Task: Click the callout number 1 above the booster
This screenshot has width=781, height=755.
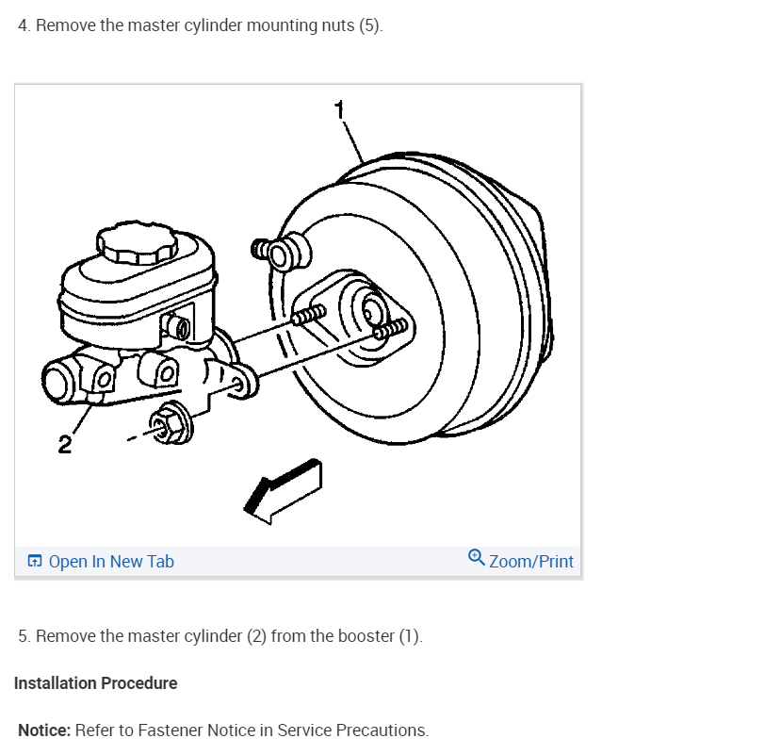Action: point(340,109)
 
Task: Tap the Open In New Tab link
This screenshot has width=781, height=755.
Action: point(111,562)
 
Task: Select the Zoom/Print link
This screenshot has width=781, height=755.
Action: point(531,562)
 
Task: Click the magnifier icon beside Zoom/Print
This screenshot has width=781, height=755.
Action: point(477,559)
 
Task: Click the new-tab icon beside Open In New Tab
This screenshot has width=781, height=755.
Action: point(35,562)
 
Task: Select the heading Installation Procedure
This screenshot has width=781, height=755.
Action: point(95,683)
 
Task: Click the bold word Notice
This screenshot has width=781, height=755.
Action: point(44,730)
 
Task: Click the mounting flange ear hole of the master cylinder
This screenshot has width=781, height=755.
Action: point(241,383)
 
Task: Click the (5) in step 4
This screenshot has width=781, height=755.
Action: point(369,25)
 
